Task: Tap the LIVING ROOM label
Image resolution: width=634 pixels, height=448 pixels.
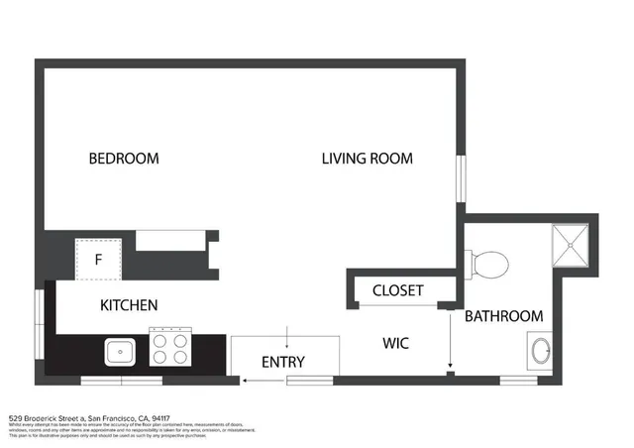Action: click(x=367, y=159)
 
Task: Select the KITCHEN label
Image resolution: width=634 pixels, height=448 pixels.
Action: click(x=129, y=305)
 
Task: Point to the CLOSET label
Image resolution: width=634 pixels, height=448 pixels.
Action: click(x=398, y=290)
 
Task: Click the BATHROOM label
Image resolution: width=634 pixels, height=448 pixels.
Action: click(x=504, y=316)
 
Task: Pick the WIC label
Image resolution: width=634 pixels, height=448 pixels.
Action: click(x=396, y=343)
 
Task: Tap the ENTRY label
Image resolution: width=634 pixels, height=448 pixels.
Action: click(x=282, y=362)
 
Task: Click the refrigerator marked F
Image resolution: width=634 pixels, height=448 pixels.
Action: click(x=99, y=259)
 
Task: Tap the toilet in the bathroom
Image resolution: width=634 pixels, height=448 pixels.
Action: click(x=487, y=264)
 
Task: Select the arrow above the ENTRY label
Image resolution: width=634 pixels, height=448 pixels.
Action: click(x=287, y=335)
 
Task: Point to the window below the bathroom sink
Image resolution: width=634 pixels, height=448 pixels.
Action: click(x=518, y=381)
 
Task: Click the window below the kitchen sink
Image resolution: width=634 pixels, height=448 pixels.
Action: click(x=121, y=381)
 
